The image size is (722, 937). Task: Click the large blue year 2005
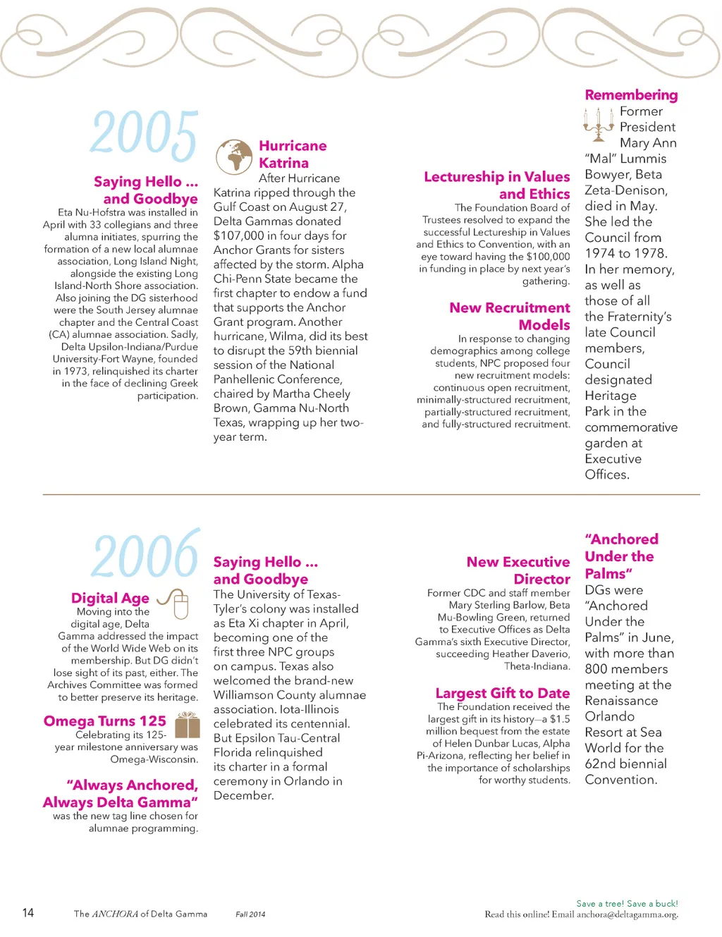pyautogui.click(x=144, y=134)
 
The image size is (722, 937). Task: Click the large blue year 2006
pyautogui.click(x=145, y=554)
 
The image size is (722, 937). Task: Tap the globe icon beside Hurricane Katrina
pyautogui.click(x=234, y=157)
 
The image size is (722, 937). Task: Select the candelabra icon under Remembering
pyautogui.click(x=599, y=124)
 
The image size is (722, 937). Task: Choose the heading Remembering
pyautogui.click(x=631, y=95)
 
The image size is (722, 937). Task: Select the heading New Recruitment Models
pyautogui.click(x=510, y=317)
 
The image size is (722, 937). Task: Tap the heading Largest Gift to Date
pyautogui.click(x=502, y=693)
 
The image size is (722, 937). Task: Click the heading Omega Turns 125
pyautogui.click(x=105, y=721)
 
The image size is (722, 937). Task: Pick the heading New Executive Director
pyautogui.click(x=518, y=570)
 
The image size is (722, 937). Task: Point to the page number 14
pyautogui.click(x=28, y=913)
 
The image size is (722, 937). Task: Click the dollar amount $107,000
pyautogui.click(x=242, y=235)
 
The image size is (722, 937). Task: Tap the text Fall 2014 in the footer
pyautogui.click(x=250, y=914)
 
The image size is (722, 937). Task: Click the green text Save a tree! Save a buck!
pyautogui.click(x=627, y=904)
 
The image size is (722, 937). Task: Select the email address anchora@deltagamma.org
pyautogui.click(x=627, y=914)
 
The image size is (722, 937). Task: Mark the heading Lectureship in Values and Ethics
pyautogui.click(x=497, y=185)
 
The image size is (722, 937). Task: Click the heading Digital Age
pyautogui.click(x=110, y=599)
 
